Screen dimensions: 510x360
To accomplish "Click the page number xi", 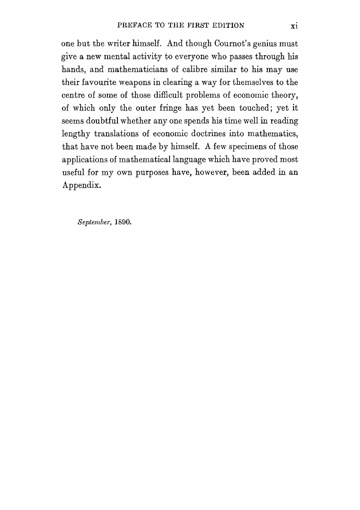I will [x=294, y=26].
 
